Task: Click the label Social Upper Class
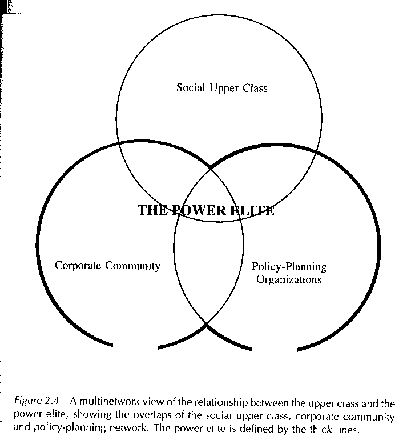[221, 88]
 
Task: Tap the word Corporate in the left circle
[77, 266]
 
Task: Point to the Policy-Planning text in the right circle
[289, 267]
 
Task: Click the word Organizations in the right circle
[289, 280]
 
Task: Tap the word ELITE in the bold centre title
[252, 210]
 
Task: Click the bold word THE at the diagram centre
[152, 210]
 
